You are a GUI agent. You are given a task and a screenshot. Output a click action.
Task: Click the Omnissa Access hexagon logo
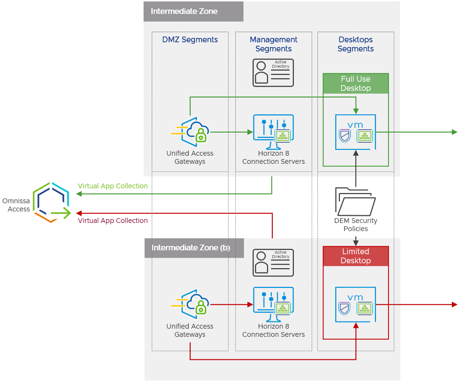51,202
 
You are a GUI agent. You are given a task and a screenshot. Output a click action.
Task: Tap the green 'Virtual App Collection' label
113,186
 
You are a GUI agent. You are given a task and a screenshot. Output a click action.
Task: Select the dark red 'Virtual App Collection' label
113,221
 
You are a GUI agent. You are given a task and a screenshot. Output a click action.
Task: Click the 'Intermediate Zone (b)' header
191,248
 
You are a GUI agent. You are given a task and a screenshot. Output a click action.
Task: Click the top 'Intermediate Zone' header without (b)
184,11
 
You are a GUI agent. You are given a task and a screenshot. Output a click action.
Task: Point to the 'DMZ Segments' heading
190,40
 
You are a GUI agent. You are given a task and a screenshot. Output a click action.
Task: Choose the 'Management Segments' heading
273,44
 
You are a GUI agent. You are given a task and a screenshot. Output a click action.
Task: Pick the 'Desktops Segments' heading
355,44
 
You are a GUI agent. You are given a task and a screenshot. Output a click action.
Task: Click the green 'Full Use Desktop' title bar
355,84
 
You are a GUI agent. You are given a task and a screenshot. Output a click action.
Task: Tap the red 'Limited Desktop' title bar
355,256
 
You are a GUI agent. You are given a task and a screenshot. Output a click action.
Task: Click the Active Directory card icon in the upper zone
273,73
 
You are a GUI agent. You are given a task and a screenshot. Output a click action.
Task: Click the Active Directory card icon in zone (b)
273,262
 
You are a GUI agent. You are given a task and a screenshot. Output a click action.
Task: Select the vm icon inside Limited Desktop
355,304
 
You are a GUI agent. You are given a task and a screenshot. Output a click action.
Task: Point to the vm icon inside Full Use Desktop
355,132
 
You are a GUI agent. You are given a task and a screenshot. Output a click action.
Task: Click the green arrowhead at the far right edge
454,132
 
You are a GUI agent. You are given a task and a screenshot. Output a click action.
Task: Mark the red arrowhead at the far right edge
454,304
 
